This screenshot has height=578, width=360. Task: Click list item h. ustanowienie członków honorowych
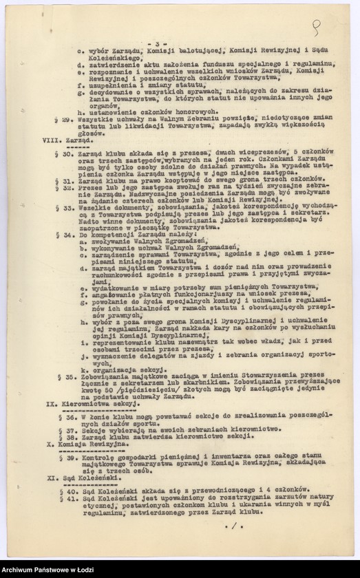click(138, 111)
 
